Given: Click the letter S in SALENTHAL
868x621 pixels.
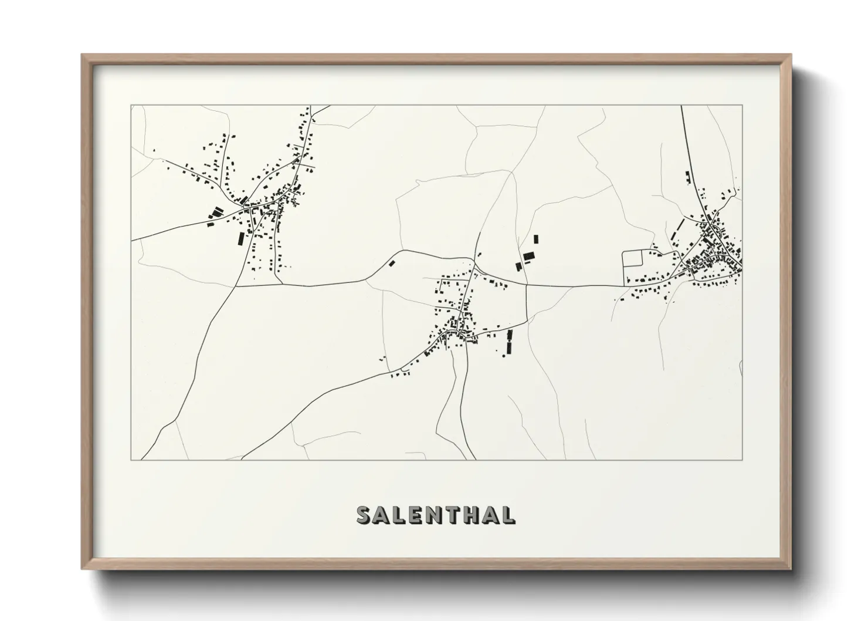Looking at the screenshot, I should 364,515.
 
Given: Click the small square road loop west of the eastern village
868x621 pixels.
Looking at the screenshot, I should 633,259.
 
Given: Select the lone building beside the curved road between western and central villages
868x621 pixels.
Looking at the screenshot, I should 391,264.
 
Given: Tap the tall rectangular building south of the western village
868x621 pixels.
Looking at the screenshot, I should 240,239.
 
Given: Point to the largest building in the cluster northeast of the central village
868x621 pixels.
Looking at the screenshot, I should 529,256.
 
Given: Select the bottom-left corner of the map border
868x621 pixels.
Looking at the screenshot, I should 131,460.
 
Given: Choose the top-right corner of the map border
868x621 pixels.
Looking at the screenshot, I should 742,105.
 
